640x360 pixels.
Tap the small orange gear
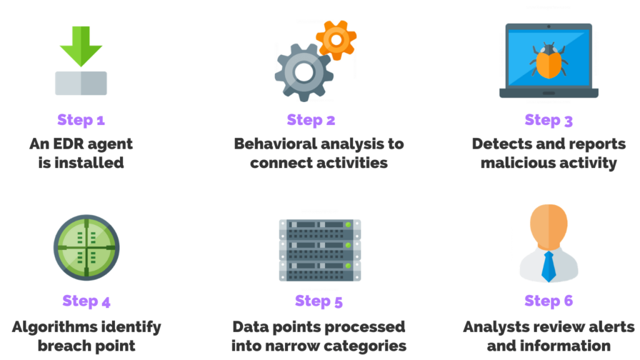(336, 39)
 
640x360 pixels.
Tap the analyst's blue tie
(548, 265)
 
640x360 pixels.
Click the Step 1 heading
(81, 119)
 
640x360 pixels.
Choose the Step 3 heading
(548, 119)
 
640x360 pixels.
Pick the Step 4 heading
(86, 301)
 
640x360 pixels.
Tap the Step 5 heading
(319, 301)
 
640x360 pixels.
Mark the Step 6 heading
(548, 301)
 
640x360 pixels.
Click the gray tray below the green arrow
(81, 83)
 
